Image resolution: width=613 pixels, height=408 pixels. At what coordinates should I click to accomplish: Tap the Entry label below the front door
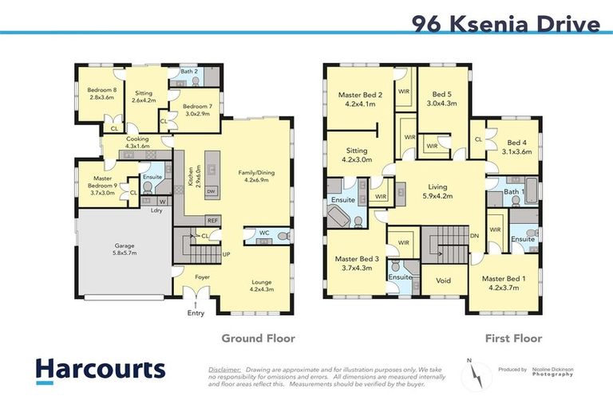pos(196,313)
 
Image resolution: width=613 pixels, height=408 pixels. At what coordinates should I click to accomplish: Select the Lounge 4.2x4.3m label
pos(262,285)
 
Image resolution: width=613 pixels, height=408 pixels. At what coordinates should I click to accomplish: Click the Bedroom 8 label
pos(101,94)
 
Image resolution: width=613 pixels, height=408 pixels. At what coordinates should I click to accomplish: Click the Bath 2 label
pos(188,72)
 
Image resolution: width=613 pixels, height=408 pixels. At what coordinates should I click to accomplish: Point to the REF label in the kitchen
pos(212,220)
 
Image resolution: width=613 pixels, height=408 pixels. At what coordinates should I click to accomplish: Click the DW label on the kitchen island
pos(211,192)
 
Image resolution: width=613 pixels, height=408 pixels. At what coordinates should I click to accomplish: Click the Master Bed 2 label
pos(361,99)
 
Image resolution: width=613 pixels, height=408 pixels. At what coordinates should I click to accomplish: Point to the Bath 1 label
pos(514,192)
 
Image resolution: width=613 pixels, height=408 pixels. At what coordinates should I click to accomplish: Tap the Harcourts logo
pos(101,370)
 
